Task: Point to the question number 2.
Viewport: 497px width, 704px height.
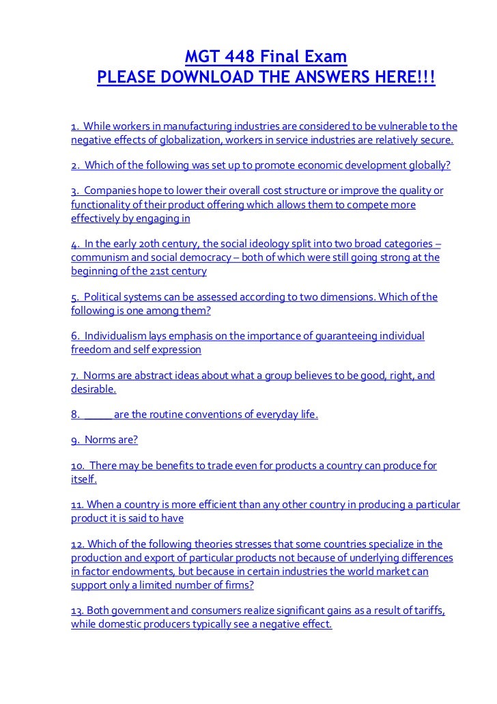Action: click(x=74, y=167)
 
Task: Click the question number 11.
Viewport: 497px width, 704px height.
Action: click(x=77, y=505)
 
